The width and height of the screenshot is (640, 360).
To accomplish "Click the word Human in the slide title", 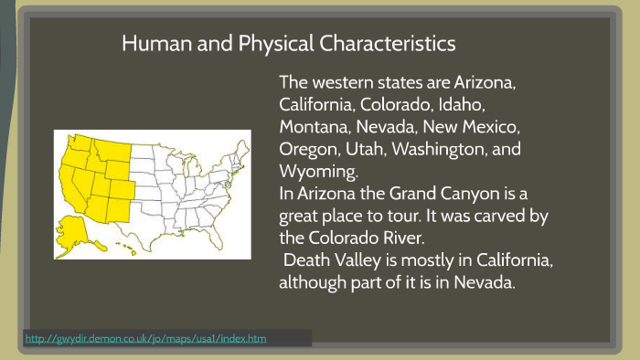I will coord(151,43).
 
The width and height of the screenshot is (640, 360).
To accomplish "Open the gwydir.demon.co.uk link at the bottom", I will coord(146,339).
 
